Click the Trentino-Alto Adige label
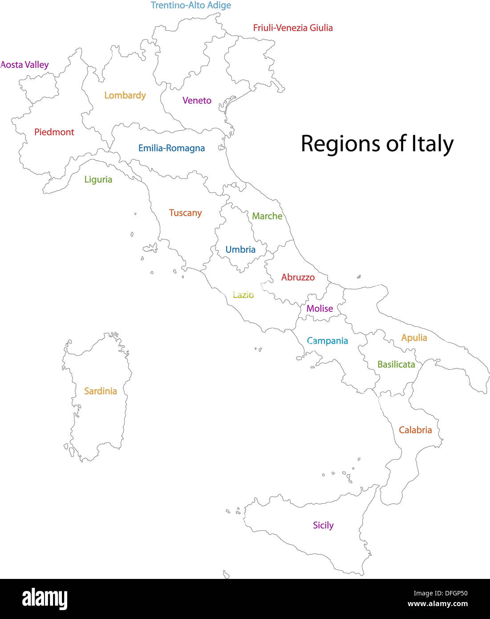click(191, 5)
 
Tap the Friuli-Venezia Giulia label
click(293, 28)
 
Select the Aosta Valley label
click(24, 65)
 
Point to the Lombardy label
click(125, 95)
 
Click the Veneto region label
click(197, 101)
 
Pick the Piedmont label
click(54, 132)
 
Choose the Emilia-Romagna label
click(171, 148)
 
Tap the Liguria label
click(98, 179)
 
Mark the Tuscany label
click(185, 213)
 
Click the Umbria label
click(240, 249)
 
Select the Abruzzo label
click(298, 277)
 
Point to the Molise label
click(320, 309)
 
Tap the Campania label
click(328, 341)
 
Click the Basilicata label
click(396, 364)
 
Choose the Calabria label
click(415, 430)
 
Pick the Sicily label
click(323, 525)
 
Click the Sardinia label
click(101, 391)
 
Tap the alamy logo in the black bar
click(45, 599)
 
